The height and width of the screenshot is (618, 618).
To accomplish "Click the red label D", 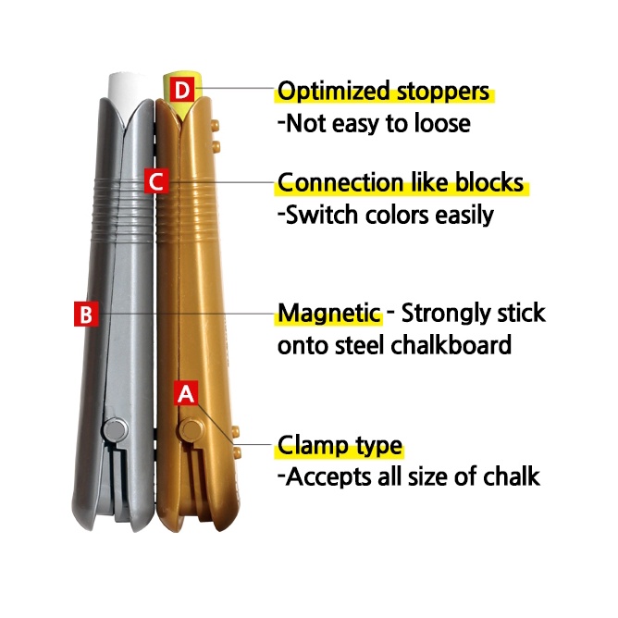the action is coord(182,90).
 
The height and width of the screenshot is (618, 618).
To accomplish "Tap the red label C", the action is coord(156,181).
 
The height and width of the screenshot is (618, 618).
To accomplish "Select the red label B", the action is coord(86,315).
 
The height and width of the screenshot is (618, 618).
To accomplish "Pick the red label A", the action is coord(186,393).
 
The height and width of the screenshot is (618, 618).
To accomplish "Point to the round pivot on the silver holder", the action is coord(115,429).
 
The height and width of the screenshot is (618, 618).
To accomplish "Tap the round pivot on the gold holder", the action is coord(192,429).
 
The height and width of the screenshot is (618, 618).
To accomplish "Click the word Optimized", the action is coord(334,92).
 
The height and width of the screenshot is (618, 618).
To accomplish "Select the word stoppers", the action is coord(442,93).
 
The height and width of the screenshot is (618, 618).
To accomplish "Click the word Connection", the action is coord(341,182).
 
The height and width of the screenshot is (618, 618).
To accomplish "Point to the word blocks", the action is coord(489,182).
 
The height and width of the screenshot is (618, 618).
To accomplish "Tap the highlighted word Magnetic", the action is coord(329,315).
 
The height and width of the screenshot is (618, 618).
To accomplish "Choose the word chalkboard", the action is coord(451,345).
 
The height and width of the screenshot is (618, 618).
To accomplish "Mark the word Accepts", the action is coord(328,477).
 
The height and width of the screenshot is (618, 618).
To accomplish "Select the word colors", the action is coord(397,216).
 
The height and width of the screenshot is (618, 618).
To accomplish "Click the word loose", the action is coord(442,123).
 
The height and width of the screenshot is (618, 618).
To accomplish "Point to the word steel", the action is coord(360,345).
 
